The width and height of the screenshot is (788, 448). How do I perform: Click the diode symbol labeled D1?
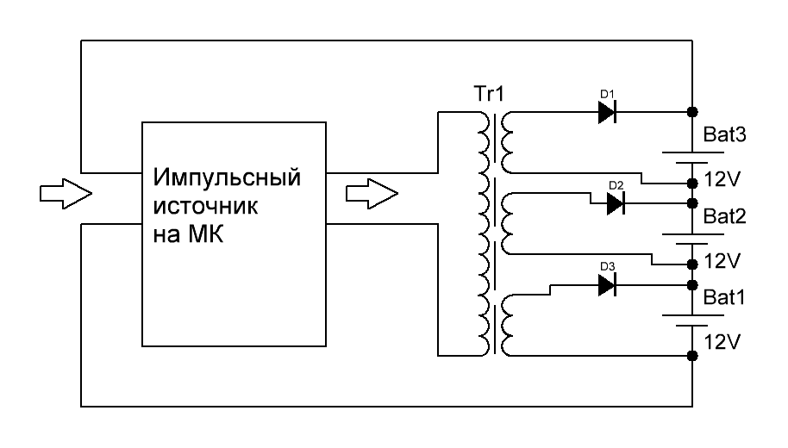[x=610, y=112]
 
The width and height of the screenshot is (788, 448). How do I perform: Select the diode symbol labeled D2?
[x=616, y=203]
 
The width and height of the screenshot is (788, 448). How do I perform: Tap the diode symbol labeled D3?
[x=610, y=285]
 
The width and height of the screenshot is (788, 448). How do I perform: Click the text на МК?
[x=188, y=234]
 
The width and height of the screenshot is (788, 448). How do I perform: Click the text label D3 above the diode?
[x=606, y=267]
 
